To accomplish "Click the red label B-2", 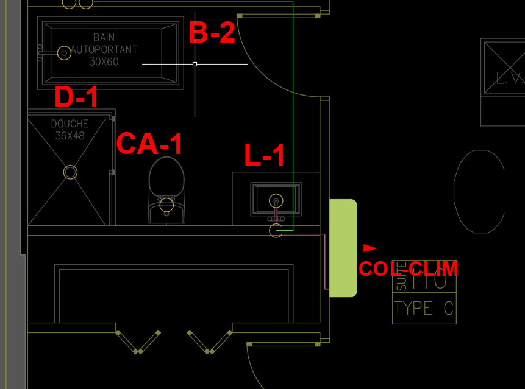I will coord(212,33).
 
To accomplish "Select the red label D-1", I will coord(76,97).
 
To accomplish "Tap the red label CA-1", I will coord(149,144).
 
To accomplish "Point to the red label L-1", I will coord(265,156).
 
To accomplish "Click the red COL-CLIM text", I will coord(408,268).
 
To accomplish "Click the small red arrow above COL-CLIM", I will coord(370,248).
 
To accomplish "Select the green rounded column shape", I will coord(343,248).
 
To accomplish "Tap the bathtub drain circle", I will coord(64,53).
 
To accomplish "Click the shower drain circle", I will coord(71,172).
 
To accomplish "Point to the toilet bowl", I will coord(166,183).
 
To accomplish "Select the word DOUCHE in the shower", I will coord(70,124).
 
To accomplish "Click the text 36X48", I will coord(70,136).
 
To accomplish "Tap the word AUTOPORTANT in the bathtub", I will coord(104,49).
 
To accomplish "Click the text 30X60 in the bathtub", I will coord(104,61).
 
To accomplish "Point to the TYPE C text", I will coord(424,308).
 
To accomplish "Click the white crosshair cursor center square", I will coord(195,64).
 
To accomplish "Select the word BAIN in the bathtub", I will coord(104,37).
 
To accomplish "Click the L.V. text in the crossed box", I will coord(510,78).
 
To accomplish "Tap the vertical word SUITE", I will coord(401,276).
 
